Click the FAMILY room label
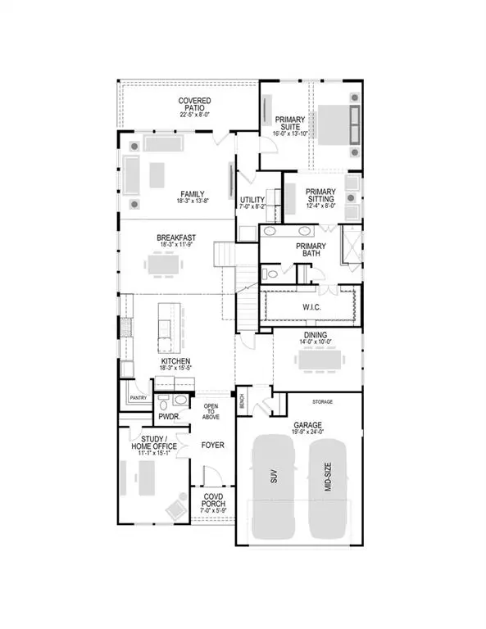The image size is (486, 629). coord(193,194)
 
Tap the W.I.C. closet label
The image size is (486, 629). coord(311,307)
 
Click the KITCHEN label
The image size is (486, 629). coord(176,361)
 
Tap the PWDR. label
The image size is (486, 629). coord(169,416)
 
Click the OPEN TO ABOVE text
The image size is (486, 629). coord(211,412)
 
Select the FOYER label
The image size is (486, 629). coord(213,445)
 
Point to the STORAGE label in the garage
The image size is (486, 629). coord(321,403)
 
